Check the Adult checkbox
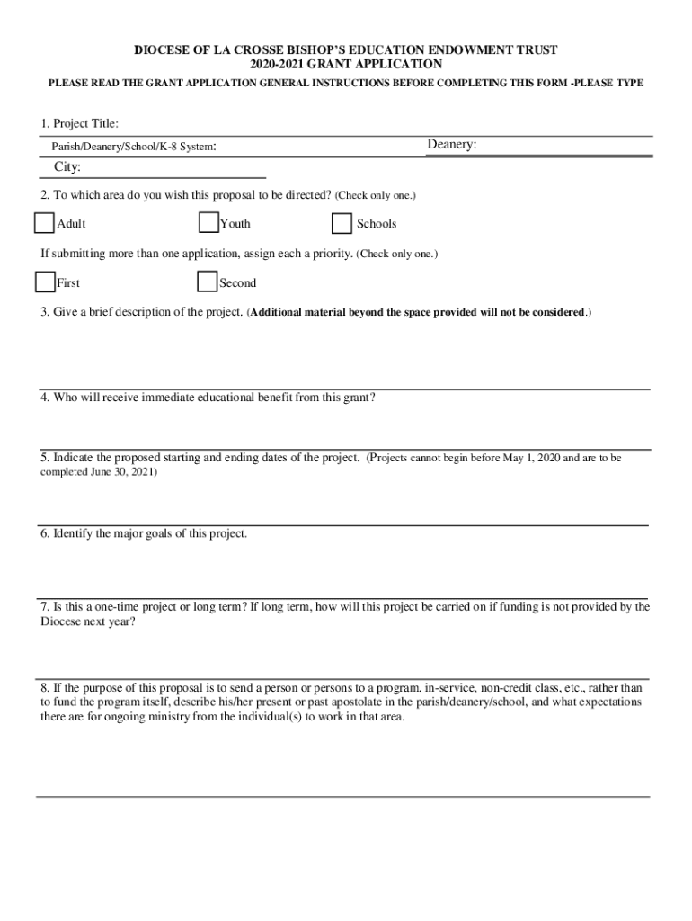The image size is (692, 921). pyautogui.click(x=45, y=223)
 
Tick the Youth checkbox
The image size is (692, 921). pyautogui.click(x=208, y=223)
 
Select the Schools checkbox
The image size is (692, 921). pyautogui.click(x=342, y=223)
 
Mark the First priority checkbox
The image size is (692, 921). pyautogui.click(x=45, y=282)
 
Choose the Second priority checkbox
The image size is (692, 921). pyautogui.click(x=208, y=282)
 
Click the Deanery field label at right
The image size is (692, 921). pyautogui.click(x=451, y=145)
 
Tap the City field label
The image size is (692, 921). pyautogui.click(x=67, y=167)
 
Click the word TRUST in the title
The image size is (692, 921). pyautogui.click(x=537, y=49)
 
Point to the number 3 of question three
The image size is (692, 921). pyautogui.click(x=43, y=312)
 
